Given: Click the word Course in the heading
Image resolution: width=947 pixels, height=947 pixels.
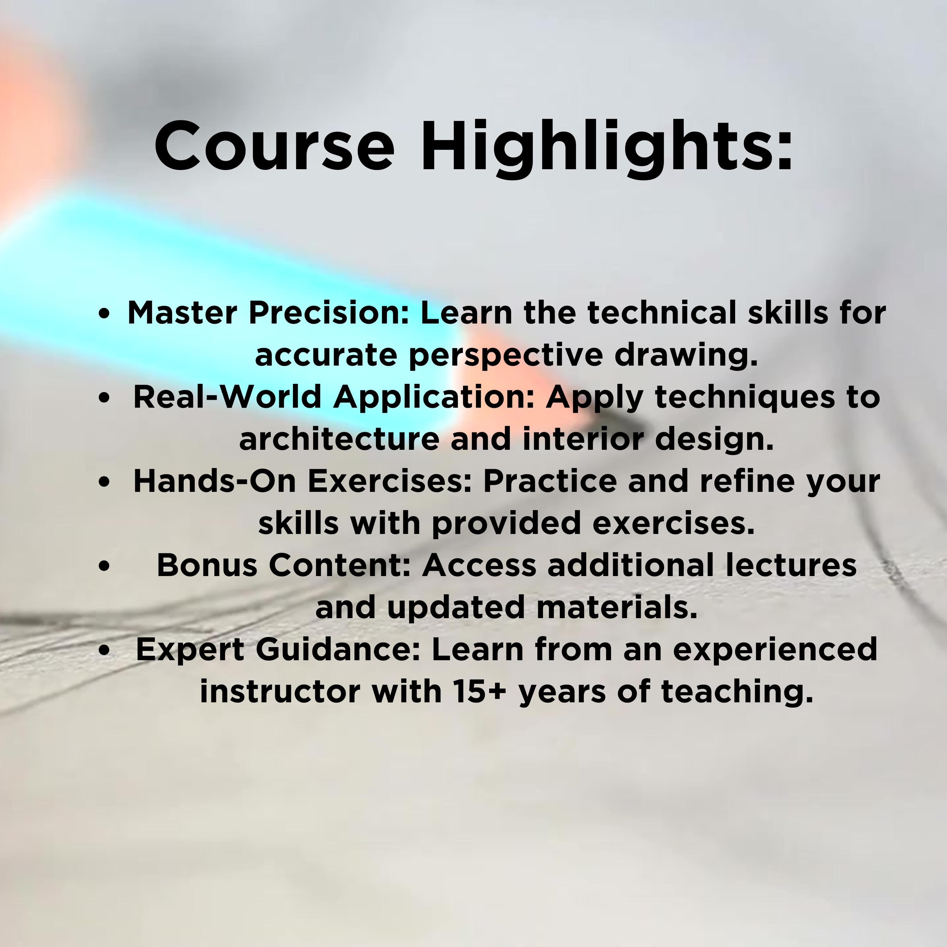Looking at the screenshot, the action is point(275,146).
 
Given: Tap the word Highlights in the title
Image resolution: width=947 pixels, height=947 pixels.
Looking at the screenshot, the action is point(606,149).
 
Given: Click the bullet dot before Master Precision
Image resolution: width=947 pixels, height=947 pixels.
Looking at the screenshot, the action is point(104,314).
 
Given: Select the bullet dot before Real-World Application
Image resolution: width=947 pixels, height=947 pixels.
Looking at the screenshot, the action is point(104,398).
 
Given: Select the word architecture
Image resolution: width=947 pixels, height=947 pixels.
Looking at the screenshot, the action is point(339,439).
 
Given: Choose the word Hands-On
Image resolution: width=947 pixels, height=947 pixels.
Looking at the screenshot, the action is point(215,481).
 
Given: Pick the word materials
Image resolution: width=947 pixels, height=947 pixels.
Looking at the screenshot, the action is point(616,608).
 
